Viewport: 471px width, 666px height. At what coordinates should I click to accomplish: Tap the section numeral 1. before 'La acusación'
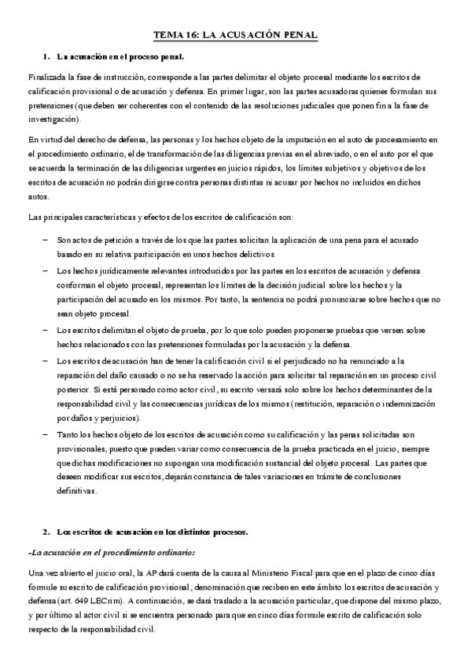click(x=46, y=57)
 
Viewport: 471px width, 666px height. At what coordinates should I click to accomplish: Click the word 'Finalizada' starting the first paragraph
click(x=45, y=78)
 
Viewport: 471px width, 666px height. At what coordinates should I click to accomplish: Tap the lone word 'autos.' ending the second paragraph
click(x=38, y=194)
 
